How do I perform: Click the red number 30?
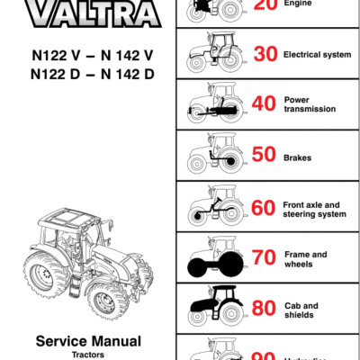(x=265, y=55)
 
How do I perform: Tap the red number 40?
(x=265, y=103)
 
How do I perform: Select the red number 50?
(x=265, y=156)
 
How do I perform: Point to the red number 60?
(x=264, y=208)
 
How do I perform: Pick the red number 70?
(x=264, y=259)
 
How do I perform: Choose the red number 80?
(x=264, y=310)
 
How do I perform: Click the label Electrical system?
(x=317, y=55)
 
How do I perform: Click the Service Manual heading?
(x=88, y=341)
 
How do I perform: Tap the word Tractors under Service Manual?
(x=88, y=355)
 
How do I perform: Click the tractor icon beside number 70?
(x=215, y=258)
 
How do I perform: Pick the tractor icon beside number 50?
(x=215, y=155)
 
